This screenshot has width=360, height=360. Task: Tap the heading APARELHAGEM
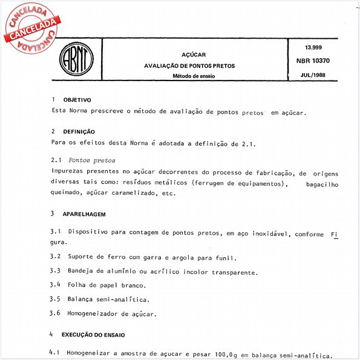pos(85,214)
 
